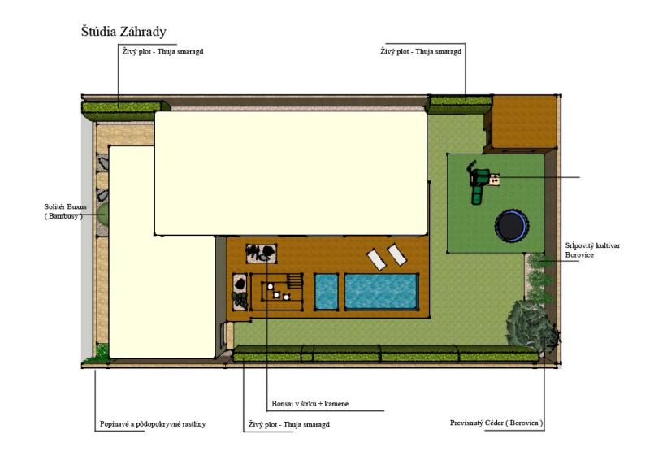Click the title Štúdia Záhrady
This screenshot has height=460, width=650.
tap(123, 32)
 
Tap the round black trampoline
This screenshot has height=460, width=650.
tap(512, 226)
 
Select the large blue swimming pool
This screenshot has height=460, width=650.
tap(381, 291)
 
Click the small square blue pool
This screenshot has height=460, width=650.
tap(327, 291)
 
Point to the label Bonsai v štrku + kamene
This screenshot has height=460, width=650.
tap(310, 404)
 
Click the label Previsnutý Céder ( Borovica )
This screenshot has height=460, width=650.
tap(496, 423)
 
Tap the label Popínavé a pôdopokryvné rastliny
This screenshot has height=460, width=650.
tap(153, 424)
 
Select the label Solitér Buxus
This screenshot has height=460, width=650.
tap(66, 206)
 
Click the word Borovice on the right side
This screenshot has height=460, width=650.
tap(579, 255)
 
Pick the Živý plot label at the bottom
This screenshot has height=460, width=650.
tap(289, 425)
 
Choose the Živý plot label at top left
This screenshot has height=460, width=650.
tap(163, 51)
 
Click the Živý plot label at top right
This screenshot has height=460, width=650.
tap(421, 51)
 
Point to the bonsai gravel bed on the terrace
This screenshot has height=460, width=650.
tap(261, 253)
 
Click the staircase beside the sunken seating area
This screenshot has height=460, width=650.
tap(296, 281)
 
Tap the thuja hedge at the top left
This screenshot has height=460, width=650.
tap(125, 109)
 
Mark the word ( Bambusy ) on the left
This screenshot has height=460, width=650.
tap(63, 216)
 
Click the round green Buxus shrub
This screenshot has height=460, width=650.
tap(103, 214)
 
